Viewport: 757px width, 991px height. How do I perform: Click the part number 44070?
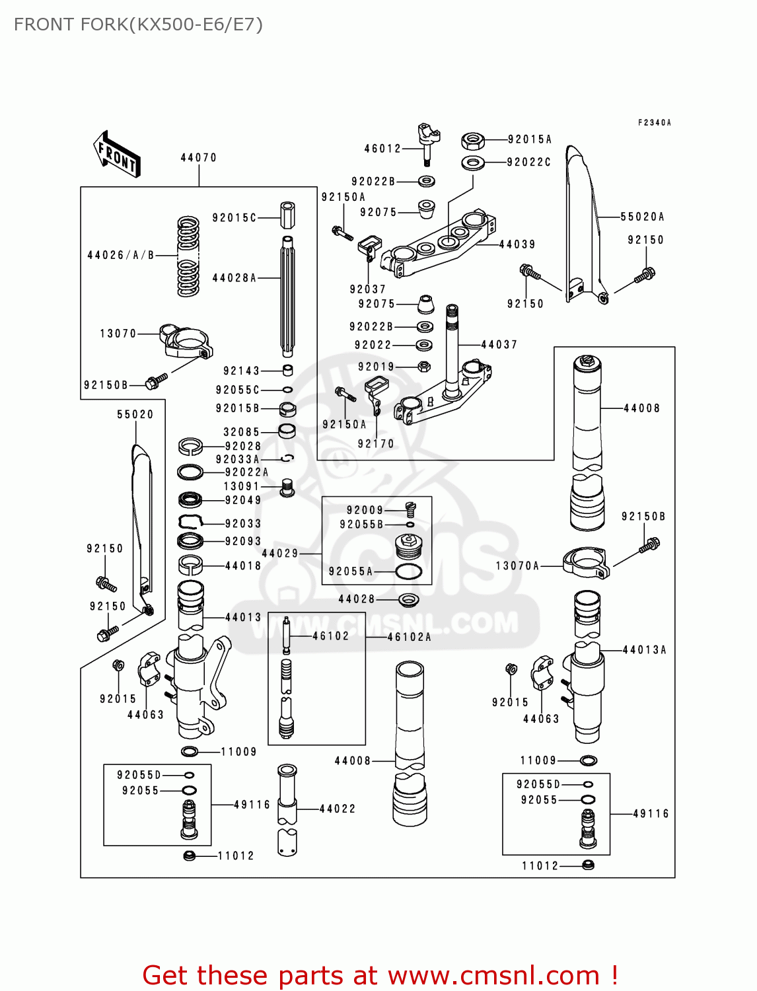tap(198, 158)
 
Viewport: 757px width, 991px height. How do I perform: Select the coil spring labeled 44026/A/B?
tap(188, 256)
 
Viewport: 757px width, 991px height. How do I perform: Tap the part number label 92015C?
tap(234, 217)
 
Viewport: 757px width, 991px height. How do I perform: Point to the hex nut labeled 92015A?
tap(472, 140)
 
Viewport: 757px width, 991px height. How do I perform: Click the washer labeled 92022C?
tap(472, 163)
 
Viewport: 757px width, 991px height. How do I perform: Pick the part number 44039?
tap(517, 244)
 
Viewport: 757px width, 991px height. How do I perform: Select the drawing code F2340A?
tap(654, 123)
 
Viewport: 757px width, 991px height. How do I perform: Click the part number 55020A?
tap(642, 217)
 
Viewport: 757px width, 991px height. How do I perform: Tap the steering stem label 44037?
tap(499, 345)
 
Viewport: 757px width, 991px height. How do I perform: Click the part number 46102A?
tap(410, 637)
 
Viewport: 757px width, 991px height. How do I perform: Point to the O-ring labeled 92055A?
tap(408, 571)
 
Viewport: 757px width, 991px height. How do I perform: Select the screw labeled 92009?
tap(410, 509)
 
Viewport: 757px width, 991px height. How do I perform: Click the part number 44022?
tap(338, 809)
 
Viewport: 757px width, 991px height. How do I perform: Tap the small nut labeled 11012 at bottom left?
tap(190, 856)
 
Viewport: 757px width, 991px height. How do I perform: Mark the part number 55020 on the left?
tap(135, 415)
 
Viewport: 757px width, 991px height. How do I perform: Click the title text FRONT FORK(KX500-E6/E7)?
tap(138, 24)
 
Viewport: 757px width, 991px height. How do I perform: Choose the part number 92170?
tap(376, 444)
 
